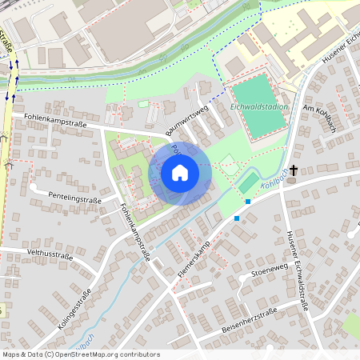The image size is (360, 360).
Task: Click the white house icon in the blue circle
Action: tap(180, 173)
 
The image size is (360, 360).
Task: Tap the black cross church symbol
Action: tap(294, 170)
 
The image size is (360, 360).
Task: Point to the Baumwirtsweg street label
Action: tap(186, 118)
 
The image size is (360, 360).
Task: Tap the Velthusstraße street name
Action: tap(50, 256)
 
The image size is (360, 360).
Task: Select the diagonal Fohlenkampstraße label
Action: tap(134, 233)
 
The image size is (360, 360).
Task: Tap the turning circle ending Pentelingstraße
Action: tap(34, 187)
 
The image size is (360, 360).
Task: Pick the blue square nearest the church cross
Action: tap(248, 202)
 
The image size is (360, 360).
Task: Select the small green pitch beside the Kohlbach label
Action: tap(250, 184)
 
